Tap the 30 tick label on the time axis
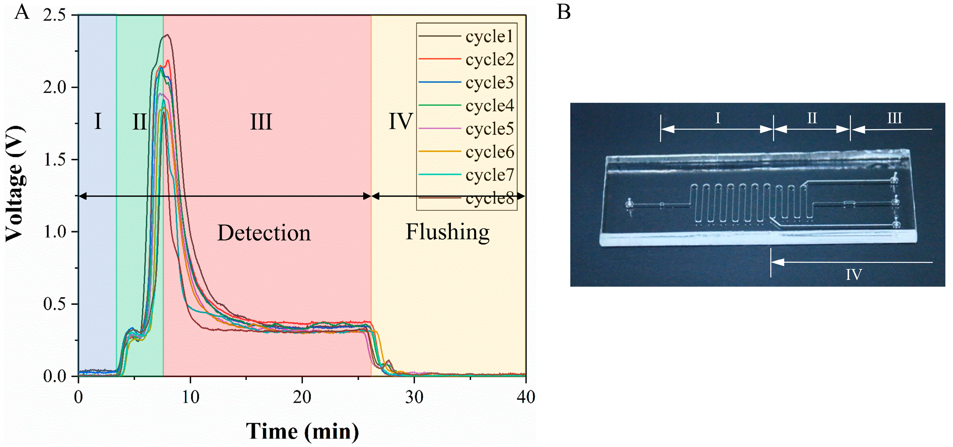click(x=414, y=397)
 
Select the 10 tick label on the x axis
click(x=190, y=397)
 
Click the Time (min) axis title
click(x=302, y=431)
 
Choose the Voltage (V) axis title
click(x=15, y=184)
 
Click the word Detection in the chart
click(x=264, y=233)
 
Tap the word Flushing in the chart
click(x=448, y=232)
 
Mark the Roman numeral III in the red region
click(x=261, y=122)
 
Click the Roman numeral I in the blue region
click(x=98, y=121)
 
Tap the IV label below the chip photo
click(x=854, y=274)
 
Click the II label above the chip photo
click(x=812, y=118)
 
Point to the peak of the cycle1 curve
click(x=167, y=35)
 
